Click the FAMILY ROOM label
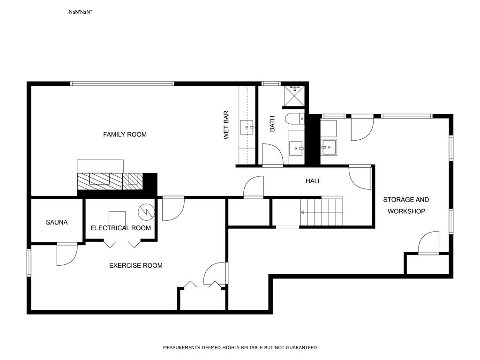pos(125,135)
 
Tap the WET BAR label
pos(226,125)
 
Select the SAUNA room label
pos(57,222)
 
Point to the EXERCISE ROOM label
pos(135,265)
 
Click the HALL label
pos(313,181)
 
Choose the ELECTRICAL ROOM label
pos(120,228)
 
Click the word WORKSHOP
pos(406,211)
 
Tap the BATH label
pos(272,124)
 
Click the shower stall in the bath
pos(294,96)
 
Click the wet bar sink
pos(247,127)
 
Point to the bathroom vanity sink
pos(296,149)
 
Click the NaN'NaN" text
pos(80,12)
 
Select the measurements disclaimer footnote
pos(240,347)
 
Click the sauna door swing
pos(67,255)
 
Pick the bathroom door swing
pos(273,155)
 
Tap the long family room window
pos(122,83)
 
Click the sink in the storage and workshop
pos(329,148)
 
